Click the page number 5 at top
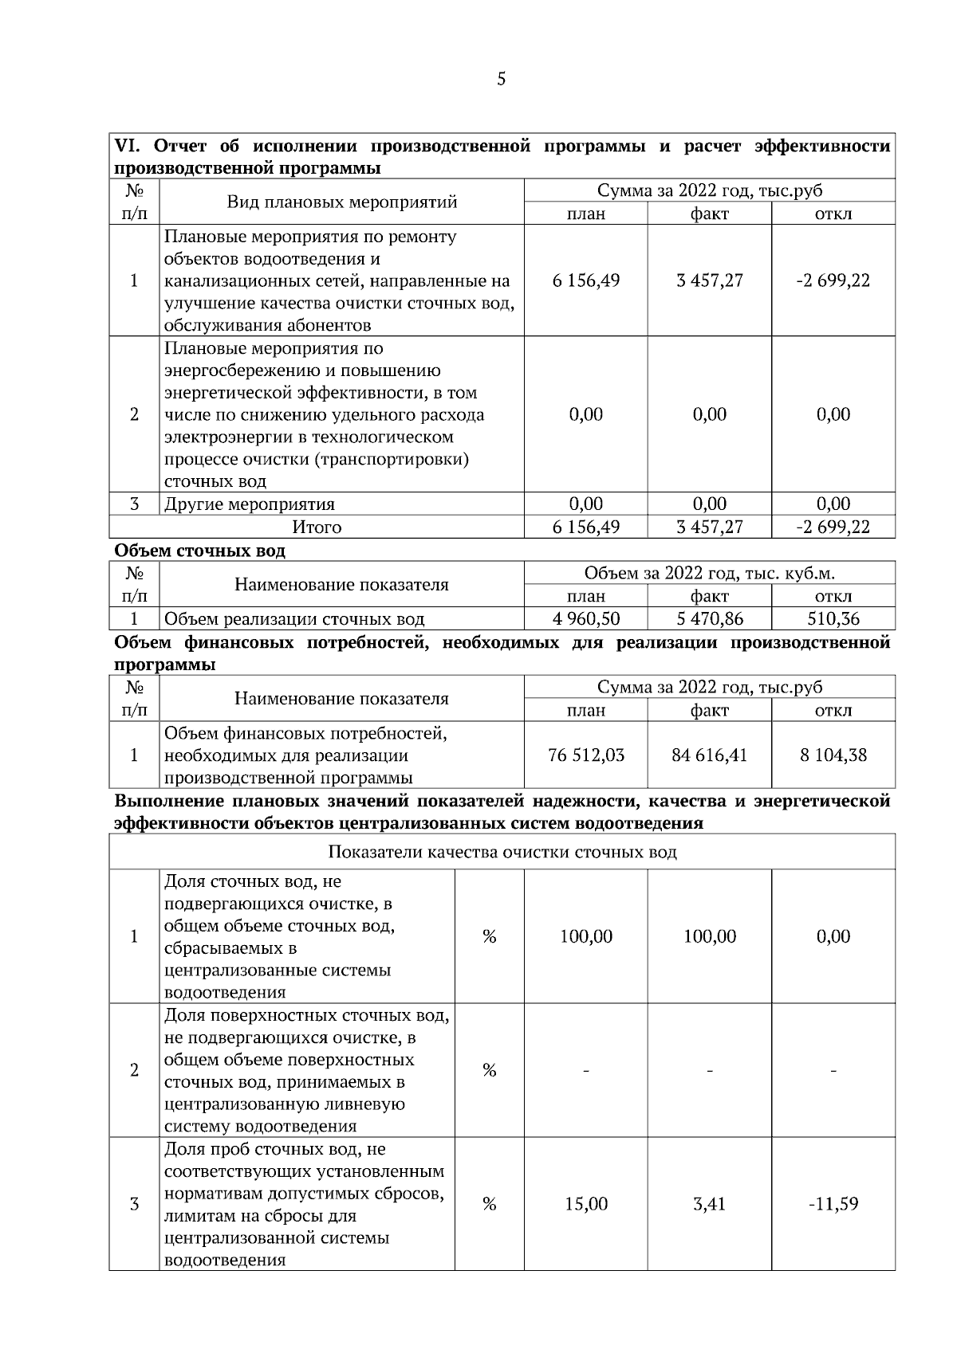click(x=501, y=79)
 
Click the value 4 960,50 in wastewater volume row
click(x=586, y=619)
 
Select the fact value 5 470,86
click(x=710, y=619)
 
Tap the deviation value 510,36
click(x=833, y=619)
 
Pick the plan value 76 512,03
click(x=586, y=755)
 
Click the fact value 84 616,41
click(x=710, y=755)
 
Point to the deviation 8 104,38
click(x=833, y=755)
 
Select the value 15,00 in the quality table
click(x=586, y=1204)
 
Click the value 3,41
click(x=710, y=1204)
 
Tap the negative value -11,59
click(x=833, y=1204)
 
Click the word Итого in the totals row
click(x=317, y=527)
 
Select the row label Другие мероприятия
click(x=250, y=504)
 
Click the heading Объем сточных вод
click(x=199, y=551)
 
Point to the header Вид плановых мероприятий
click(x=342, y=202)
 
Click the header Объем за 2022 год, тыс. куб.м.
click(x=710, y=574)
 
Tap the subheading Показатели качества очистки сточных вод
click(x=502, y=852)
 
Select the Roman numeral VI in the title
click(x=128, y=147)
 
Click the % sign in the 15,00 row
click(x=490, y=1204)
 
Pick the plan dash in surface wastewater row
click(x=586, y=1071)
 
